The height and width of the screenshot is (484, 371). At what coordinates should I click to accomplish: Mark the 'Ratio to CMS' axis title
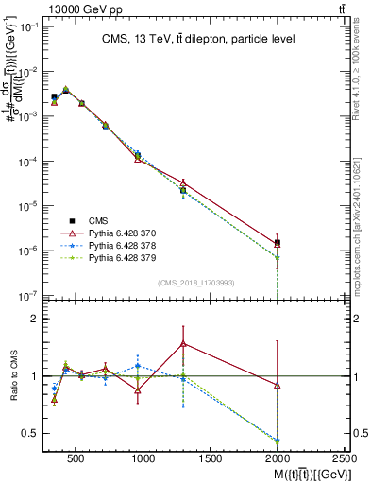point(13,376)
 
